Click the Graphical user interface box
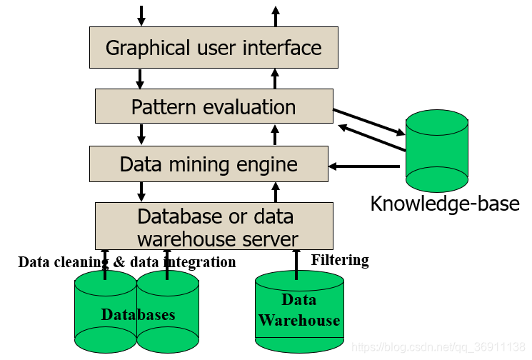(214, 48)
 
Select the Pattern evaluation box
(214, 106)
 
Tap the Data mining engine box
(209, 164)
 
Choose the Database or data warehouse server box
(214, 226)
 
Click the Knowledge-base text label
(445, 204)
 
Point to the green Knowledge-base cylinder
(437, 151)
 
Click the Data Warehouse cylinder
(299, 311)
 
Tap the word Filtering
(340, 260)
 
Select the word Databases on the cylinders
(138, 315)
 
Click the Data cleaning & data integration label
(127, 262)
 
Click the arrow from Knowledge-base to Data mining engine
(364, 166)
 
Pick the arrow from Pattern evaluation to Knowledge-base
(369, 122)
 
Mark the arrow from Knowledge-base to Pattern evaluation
(372, 137)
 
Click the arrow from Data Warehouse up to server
(296, 265)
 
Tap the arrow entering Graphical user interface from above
(141, 16)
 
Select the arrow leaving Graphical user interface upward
(276, 16)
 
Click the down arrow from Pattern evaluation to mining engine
(141, 134)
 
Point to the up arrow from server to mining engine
(276, 192)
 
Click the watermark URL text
(438, 347)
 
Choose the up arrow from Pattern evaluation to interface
(275, 79)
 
